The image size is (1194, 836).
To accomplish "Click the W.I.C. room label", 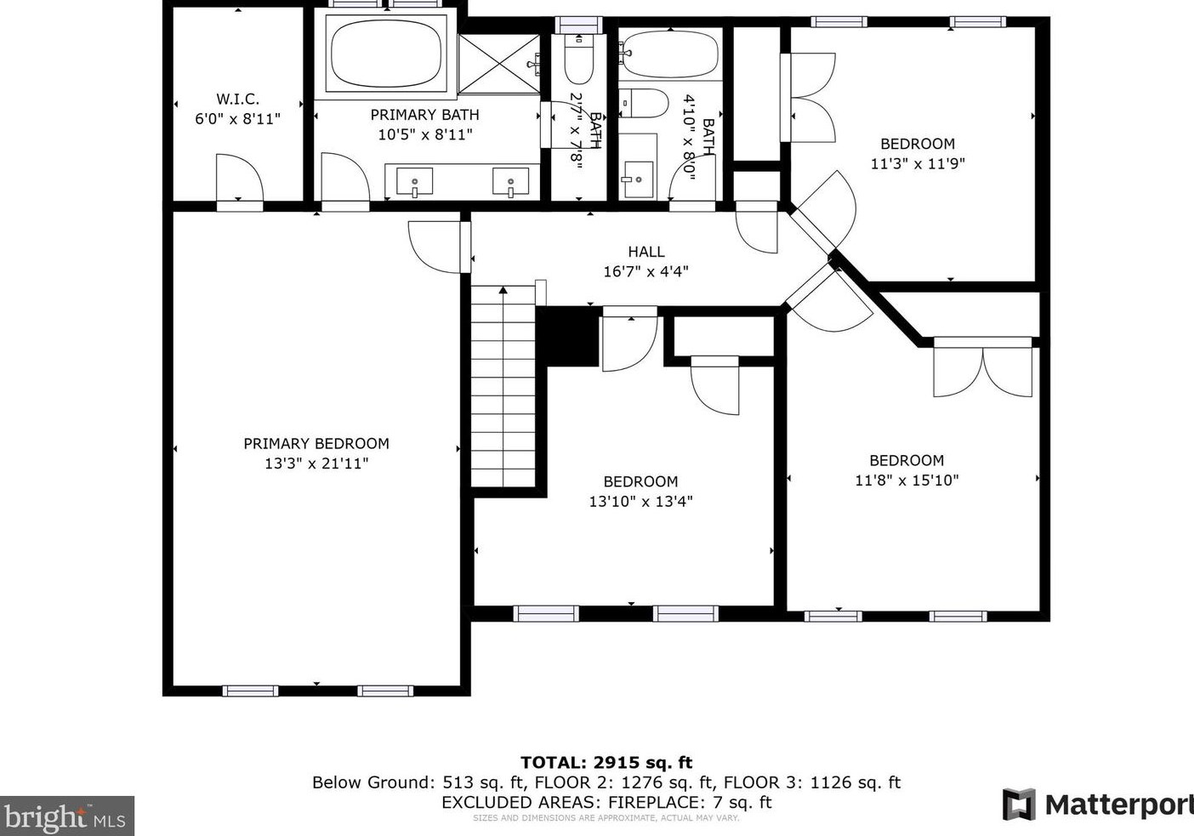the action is coord(238,100).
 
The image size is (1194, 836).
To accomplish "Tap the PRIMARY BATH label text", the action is coord(425,115).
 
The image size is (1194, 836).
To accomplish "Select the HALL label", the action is coord(646,252).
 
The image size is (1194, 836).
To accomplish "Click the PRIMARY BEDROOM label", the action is coord(316,444).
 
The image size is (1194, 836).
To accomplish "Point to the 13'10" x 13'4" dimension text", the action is coord(640,502).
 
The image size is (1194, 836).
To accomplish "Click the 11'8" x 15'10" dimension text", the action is coord(907,481).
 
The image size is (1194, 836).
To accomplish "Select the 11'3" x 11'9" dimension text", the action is coord(918,163).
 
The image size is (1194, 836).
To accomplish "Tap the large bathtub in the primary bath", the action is coord(386,54).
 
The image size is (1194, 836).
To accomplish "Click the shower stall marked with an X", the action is coord(499,64).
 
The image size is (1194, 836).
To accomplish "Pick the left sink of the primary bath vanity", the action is coord(414,182).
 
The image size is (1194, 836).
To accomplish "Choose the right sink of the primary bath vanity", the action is coord(510,182).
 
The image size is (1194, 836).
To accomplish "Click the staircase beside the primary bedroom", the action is coord(503,387).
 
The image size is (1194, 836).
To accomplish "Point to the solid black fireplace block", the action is coord(567,337).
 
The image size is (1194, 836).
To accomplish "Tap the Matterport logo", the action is coord(1098,805).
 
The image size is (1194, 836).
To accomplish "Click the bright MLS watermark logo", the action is coord(66,816).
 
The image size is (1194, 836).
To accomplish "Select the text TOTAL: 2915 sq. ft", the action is coord(606,763).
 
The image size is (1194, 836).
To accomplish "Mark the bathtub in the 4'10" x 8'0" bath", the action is coord(670,54).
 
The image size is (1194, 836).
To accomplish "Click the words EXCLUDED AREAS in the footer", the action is coord(521,803).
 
